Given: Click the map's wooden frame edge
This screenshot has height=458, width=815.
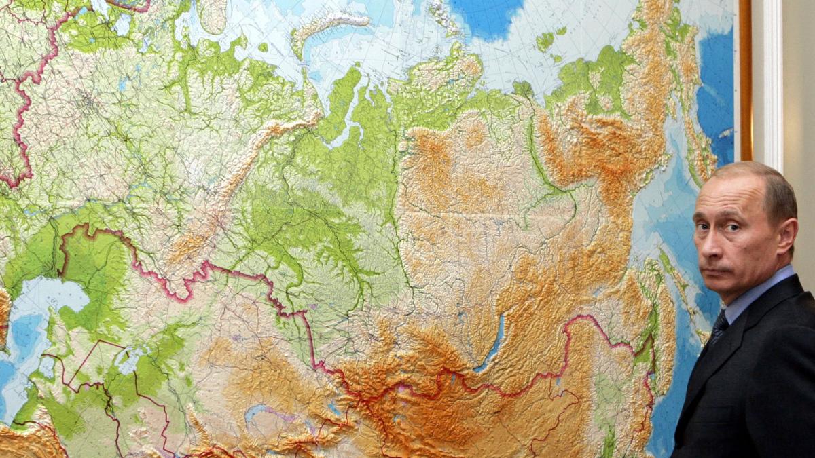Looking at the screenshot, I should tap(745, 81).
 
